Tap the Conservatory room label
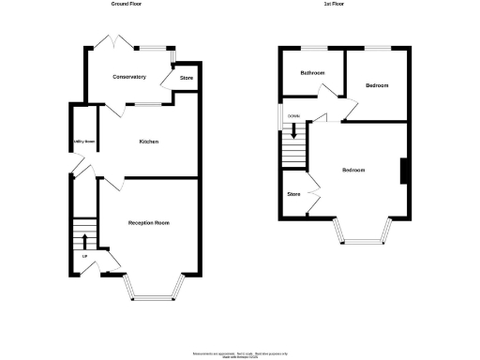coord(128,77)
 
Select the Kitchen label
coord(148,142)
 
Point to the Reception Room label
coord(148,223)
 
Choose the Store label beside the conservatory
coord(187,78)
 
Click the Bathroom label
coord(312,72)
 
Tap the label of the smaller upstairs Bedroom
coord(377,85)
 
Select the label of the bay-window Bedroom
coord(353,170)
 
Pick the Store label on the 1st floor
coord(293,195)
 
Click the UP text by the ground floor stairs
coord(84,256)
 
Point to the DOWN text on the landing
coord(293,116)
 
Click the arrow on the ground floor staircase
coord(84,239)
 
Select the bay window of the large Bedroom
coord(361,240)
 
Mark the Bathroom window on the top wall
coord(313,47)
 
